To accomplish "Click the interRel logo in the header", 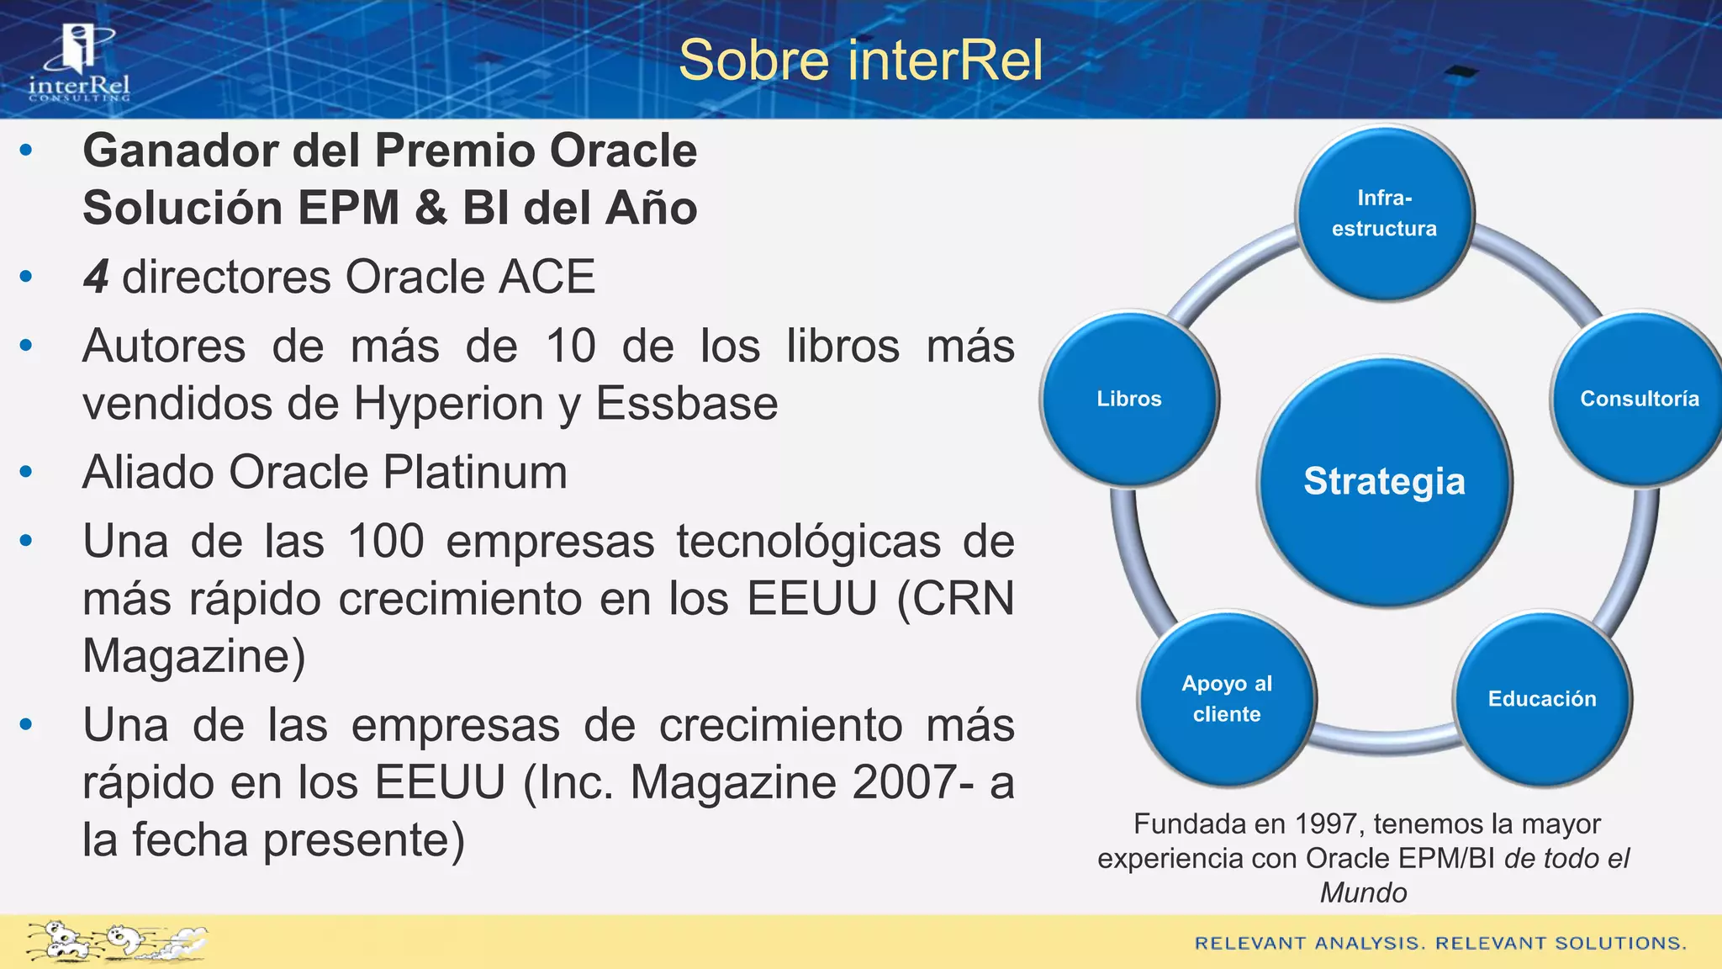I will coord(80,63).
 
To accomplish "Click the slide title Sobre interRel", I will coord(860,61).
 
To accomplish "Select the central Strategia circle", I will coord(1384,481).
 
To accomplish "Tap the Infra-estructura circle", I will coord(1384,213).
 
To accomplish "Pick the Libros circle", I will coord(1128,399).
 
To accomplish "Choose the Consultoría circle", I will coord(1639,399).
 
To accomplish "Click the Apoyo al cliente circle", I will coord(1227,698).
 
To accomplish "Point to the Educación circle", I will coord(1542,698).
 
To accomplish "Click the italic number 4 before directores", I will coord(96,277).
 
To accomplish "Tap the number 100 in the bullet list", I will coord(386,541).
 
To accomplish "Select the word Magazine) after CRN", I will coord(193,656).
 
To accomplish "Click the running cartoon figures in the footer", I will coord(116,941).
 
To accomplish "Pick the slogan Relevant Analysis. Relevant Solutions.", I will coord(1440,943).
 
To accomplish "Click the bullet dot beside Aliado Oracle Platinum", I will coord(26,472).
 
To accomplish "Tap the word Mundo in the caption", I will coord(1363,892).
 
